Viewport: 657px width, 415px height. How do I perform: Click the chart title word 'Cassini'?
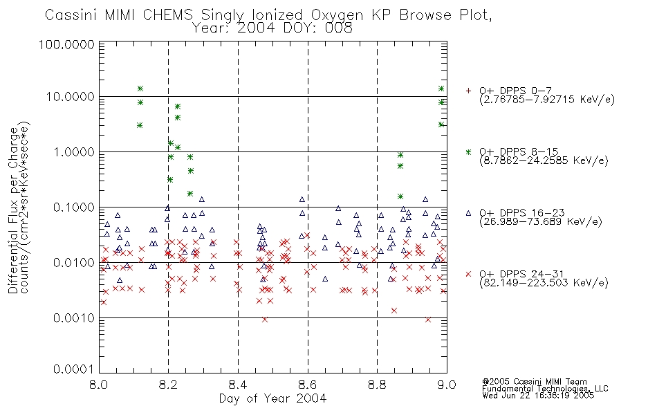tap(71, 15)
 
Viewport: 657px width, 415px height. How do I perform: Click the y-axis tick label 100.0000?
tap(66, 44)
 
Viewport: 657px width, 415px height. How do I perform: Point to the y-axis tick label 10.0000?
tap(70, 97)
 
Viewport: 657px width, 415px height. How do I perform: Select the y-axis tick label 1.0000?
tap(74, 151)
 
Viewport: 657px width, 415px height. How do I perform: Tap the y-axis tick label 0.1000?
tap(74, 207)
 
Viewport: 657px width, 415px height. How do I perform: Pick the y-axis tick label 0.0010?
tap(74, 317)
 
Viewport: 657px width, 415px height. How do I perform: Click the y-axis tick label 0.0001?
tap(74, 369)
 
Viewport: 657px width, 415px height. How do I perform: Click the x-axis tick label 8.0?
tap(99, 385)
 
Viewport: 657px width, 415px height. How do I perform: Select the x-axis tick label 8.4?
tap(238, 385)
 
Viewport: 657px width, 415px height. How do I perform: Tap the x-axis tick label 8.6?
tap(308, 385)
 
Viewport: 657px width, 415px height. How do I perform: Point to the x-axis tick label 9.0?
tap(447, 385)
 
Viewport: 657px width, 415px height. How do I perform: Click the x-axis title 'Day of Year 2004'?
tap(272, 398)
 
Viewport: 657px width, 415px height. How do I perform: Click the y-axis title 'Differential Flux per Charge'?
tap(13, 210)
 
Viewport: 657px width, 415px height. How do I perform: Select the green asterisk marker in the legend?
tap(468, 151)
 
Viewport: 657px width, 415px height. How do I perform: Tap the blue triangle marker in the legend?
tap(468, 213)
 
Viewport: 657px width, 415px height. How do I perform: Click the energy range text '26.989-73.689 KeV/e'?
tap(541, 222)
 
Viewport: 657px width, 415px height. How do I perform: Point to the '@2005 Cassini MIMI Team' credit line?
tap(535, 382)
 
